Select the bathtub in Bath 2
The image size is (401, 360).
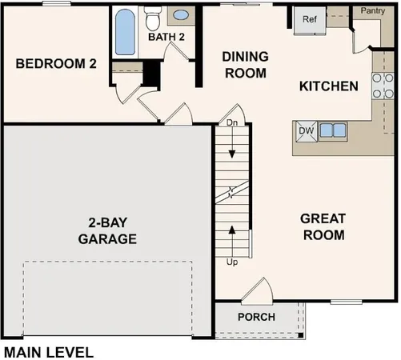(x=125, y=33)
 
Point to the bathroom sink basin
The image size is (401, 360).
(x=182, y=14)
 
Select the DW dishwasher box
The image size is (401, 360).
(x=306, y=130)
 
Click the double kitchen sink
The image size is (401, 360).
(x=332, y=130)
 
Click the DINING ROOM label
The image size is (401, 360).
(x=244, y=65)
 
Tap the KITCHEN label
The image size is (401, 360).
(x=328, y=86)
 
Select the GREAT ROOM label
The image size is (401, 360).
(x=323, y=226)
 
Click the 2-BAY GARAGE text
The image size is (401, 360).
(x=107, y=231)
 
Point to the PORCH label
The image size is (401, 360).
(x=257, y=317)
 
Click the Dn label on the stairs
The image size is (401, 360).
(x=231, y=124)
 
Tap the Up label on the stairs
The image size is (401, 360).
(x=231, y=261)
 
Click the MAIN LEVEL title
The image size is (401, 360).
(x=49, y=350)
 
